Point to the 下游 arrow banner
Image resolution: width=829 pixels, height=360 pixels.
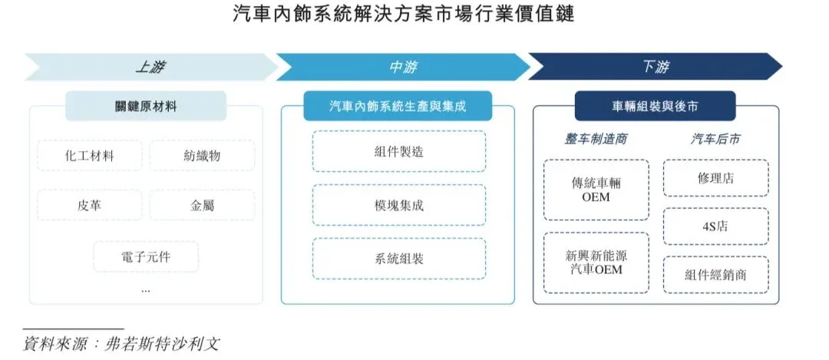(654, 67)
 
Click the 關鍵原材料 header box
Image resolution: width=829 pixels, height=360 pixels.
(146, 107)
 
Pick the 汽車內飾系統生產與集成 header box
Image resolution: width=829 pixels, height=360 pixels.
(398, 107)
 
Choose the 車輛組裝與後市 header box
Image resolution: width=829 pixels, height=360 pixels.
(655, 107)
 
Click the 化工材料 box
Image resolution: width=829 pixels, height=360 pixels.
(90, 156)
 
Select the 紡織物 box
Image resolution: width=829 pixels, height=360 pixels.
(202, 156)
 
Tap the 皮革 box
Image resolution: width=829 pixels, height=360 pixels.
(90, 205)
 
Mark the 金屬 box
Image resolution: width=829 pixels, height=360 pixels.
(202, 205)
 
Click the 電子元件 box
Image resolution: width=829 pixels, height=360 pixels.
(146, 256)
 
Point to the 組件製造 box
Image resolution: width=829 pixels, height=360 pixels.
(398, 151)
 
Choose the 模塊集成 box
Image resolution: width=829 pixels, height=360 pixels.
(398, 205)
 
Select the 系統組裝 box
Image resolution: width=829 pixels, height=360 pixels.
(398, 259)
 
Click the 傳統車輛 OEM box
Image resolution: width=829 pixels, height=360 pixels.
(596, 190)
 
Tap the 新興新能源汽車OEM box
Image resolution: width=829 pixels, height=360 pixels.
(596, 263)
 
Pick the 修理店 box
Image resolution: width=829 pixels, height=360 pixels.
(715, 179)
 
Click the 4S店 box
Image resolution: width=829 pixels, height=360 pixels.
(715, 226)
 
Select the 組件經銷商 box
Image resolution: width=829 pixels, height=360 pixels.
(715, 274)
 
